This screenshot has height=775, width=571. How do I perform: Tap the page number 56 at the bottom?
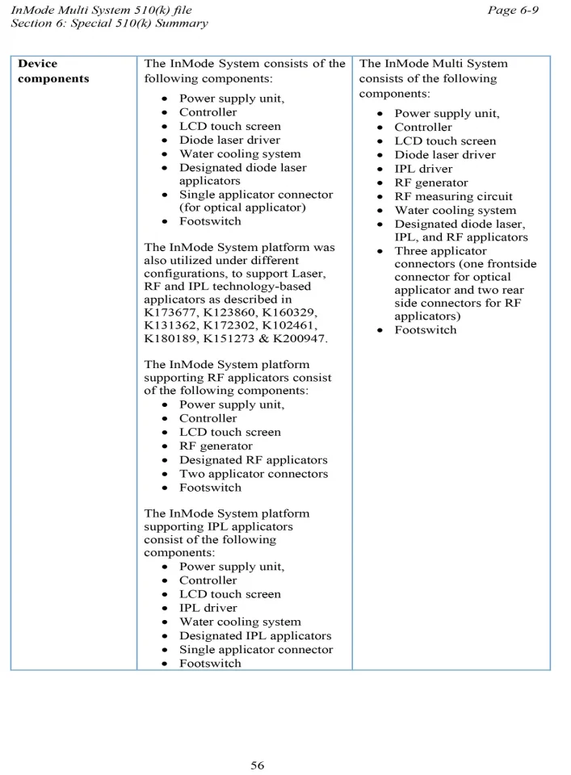(257, 765)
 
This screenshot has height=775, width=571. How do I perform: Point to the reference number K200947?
(299, 339)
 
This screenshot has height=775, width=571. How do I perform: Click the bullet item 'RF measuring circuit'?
(453, 196)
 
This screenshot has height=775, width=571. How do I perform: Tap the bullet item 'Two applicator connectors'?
(254, 474)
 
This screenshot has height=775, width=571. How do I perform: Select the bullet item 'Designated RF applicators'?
(253, 460)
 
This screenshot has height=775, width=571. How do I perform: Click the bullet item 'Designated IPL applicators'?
(255, 636)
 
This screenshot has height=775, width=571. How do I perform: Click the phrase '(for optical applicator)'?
(242, 207)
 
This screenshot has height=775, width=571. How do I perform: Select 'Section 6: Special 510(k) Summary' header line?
(108, 23)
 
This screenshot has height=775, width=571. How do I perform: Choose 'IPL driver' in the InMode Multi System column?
(423, 169)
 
